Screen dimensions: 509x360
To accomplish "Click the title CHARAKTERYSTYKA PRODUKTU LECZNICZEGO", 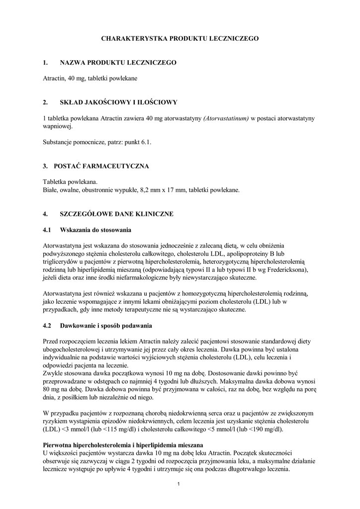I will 180,38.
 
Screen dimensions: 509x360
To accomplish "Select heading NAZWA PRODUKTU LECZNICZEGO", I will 118,63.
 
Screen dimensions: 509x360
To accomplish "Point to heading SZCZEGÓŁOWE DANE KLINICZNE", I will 116,214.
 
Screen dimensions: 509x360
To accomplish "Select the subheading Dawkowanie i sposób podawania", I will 106,326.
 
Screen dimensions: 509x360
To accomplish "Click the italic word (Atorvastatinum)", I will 225,118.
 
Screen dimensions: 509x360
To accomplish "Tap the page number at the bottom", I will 179,484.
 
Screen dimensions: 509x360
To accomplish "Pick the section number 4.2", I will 47,326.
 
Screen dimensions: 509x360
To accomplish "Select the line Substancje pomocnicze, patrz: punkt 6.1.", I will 97,142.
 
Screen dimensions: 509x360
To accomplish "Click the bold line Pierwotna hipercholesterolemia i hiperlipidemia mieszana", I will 123,445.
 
